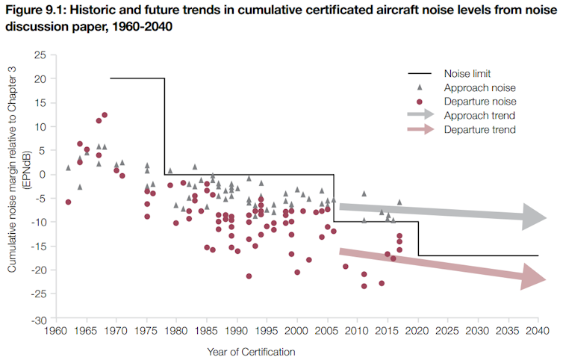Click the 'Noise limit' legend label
pyautogui.click(x=467, y=74)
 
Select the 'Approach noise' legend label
pyautogui.click(x=479, y=87)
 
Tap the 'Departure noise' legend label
pyautogui.click(x=480, y=102)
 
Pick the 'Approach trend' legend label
pyautogui.click(x=479, y=115)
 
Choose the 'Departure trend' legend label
pyautogui.click(x=479, y=129)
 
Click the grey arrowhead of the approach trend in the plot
pyautogui.click(x=534, y=217)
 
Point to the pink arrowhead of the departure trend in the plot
pyautogui.click(x=533, y=276)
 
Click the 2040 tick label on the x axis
pyautogui.click(x=538, y=331)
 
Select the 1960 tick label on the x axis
pyautogui.click(x=56, y=331)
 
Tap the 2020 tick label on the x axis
pyautogui.click(x=417, y=331)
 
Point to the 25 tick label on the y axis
pyautogui.click(x=40, y=55)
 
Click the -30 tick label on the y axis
pyautogui.click(x=39, y=320)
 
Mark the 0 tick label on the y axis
pyautogui.click(x=43, y=175)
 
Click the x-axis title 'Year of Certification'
pyautogui.click(x=251, y=352)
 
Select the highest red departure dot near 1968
pyautogui.click(x=105, y=115)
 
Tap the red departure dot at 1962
pyautogui.click(x=68, y=202)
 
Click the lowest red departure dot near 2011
pyautogui.click(x=364, y=286)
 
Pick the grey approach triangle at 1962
pyautogui.click(x=68, y=168)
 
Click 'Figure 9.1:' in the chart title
pyautogui.click(x=36, y=10)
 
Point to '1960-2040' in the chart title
pyautogui.click(x=142, y=27)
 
